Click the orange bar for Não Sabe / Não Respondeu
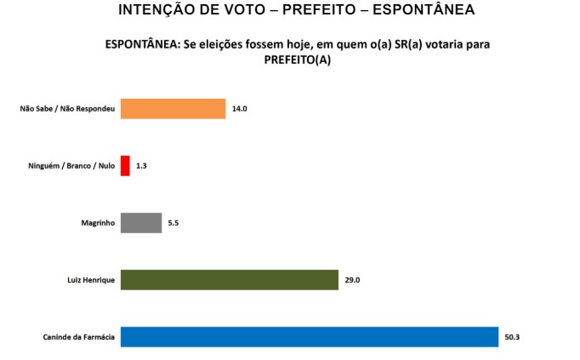point(173,109)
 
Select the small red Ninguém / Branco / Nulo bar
point(125,165)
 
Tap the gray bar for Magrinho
point(141,223)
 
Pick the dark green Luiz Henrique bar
point(230,280)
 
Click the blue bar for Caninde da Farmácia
point(309,337)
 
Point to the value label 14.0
point(240,109)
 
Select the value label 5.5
point(173,223)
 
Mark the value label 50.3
point(512,337)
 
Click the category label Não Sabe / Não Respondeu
point(67,109)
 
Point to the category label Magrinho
point(96,223)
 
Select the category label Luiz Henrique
point(91,280)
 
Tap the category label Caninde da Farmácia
point(79,337)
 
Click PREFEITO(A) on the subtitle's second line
point(298,60)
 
